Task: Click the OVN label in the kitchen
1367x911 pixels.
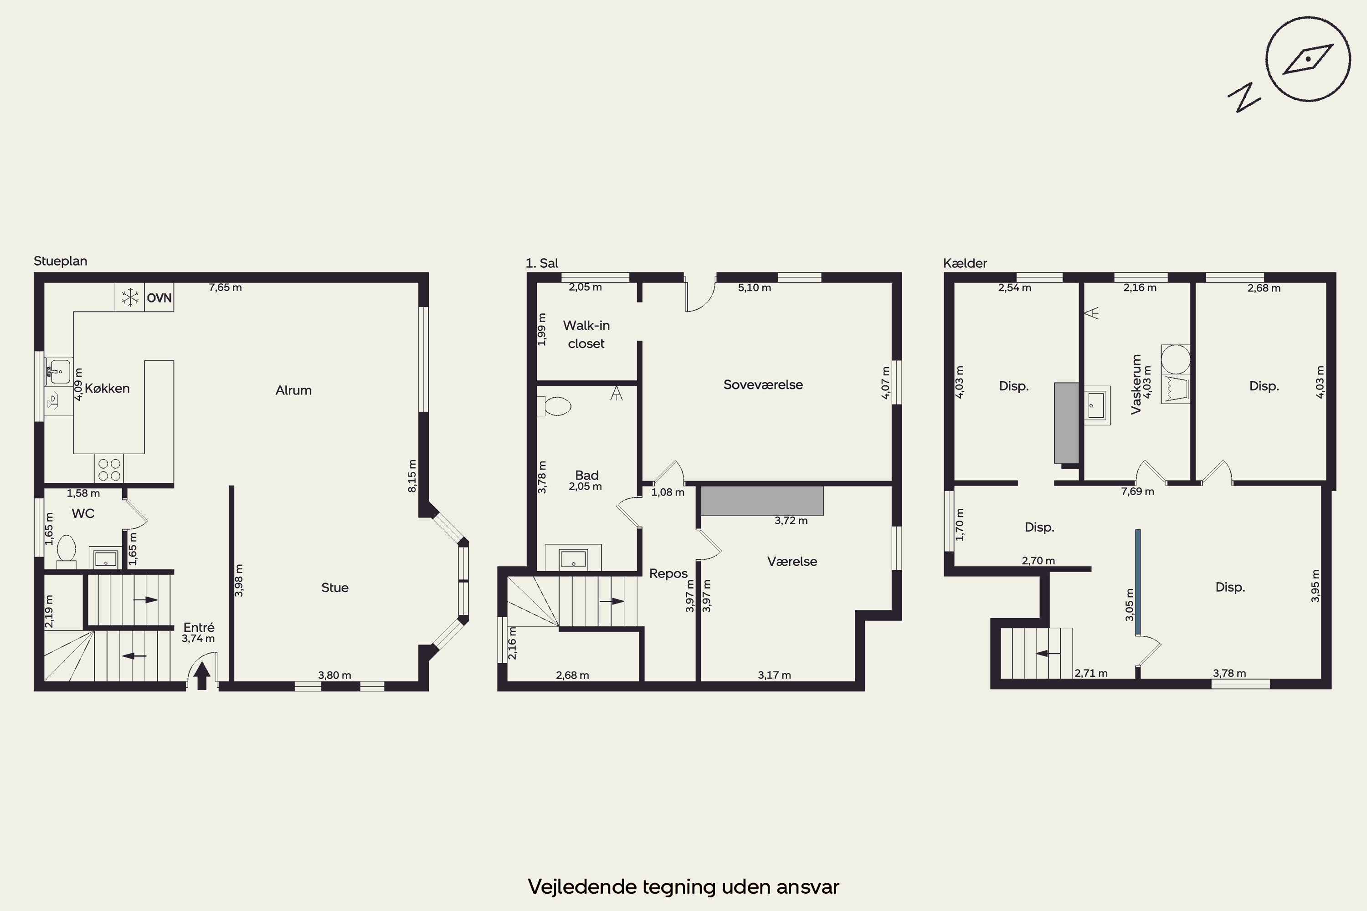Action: (159, 298)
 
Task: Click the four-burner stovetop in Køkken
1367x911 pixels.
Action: (109, 470)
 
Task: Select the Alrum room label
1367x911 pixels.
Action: (293, 390)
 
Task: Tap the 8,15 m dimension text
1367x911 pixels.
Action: (412, 476)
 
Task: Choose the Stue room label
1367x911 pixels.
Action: (335, 588)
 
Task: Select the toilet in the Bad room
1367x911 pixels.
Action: (555, 406)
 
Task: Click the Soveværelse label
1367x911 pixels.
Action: (763, 384)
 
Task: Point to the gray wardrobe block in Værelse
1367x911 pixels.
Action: (762, 501)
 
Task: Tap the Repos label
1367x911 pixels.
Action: (668, 573)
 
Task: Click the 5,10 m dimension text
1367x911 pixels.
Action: (755, 287)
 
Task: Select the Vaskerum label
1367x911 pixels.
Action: (1136, 384)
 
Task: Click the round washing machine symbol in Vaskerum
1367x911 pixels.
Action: (1175, 359)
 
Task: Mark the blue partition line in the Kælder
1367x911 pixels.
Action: (1137, 582)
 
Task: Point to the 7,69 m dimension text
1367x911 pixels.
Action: (1137, 491)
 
